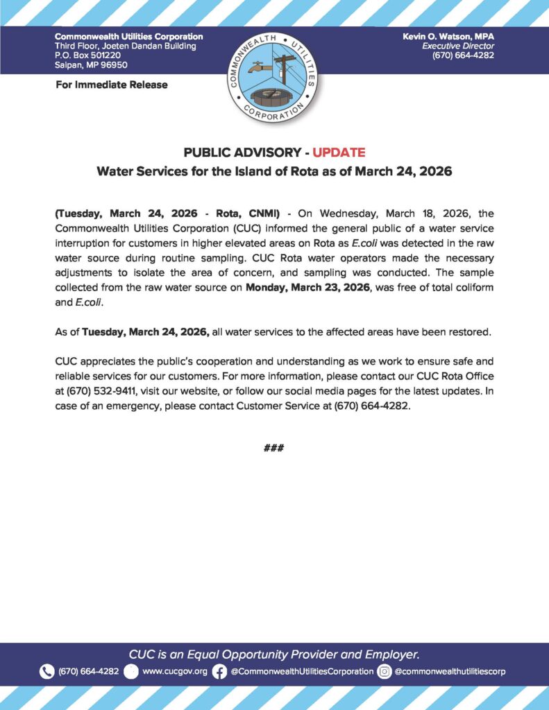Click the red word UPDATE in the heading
[x=339, y=153]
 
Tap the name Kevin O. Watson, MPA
[x=448, y=36]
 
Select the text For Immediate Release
[x=111, y=85]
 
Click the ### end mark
[x=274, y=448]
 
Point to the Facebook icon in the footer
[x=219, y=671]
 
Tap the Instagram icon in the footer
[x=385, y=671]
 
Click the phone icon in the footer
[x=47, y=671]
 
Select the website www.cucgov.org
[x=174, y=671]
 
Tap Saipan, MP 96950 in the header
[x=91, y=65]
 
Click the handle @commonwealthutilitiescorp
[x=450, y=671]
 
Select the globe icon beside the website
[x=131, y=671]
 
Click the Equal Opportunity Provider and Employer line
[x=274, y=654]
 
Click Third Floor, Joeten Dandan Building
[x=125, y=46]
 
